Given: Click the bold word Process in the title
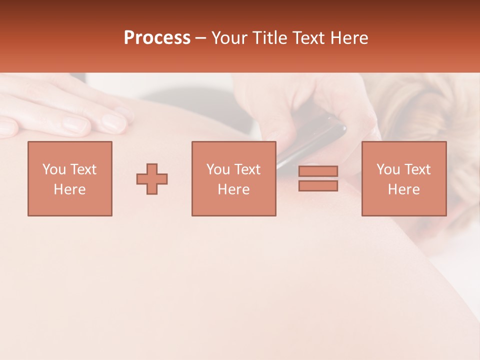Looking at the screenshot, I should click(x=157, y=38).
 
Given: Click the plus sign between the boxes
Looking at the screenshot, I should click(x=152, y=179).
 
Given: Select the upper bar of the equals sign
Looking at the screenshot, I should click(x=318, y=171).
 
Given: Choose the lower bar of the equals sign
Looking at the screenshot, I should click(x=318, y=186).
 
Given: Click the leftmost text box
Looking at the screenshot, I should click(x=69, y=178).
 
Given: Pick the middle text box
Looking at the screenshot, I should click(x=233, y=178).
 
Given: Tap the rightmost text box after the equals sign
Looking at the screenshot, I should click(x=403, y=178).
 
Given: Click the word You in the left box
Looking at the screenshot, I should click(x=54, y=169).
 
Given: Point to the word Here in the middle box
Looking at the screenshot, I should click(x=233, y=189).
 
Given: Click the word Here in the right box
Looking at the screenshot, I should click(x=403, y=189).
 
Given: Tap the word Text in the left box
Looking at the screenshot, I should click(x=83, y=169).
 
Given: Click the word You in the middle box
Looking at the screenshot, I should click(x=218, y=169).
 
